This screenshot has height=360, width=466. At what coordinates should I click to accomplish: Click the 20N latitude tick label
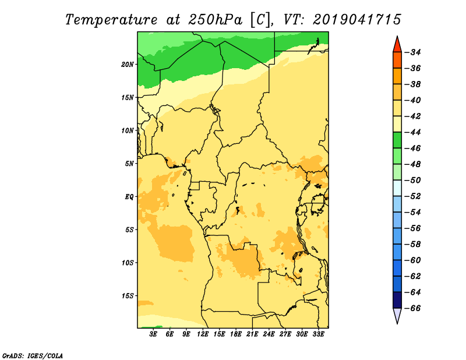point(128,65)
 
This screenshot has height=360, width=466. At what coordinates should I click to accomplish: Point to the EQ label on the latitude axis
point(129,197)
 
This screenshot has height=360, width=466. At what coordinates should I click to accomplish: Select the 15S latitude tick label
point(128,296)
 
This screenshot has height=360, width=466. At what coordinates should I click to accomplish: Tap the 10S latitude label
point(128,263)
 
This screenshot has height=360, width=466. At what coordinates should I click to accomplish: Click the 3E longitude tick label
point(153,334)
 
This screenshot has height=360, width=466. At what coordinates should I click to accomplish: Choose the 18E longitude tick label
point(236,334)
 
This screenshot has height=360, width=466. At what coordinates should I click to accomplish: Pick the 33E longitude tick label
point(318,334)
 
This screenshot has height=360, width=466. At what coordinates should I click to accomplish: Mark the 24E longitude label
point(269,334)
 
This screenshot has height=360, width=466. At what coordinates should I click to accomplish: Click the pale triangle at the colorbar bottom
point(397,315)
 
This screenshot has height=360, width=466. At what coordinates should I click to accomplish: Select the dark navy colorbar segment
point(397,300)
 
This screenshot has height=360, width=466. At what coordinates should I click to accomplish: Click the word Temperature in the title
point(111,20)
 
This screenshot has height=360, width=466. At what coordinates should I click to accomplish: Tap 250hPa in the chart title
point(215,20)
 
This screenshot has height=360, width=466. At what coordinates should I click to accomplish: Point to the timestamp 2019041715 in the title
point(357,20)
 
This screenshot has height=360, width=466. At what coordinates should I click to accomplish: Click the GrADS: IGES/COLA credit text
point(33,355)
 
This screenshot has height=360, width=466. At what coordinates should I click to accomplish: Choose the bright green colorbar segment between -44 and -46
point(397,140)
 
